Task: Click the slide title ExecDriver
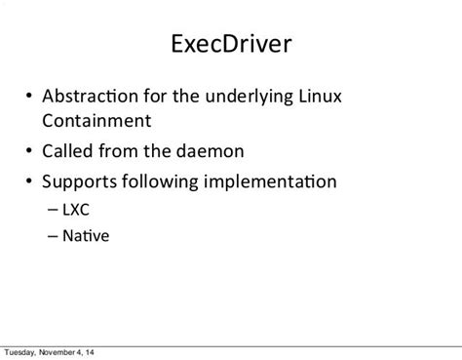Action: (231, 47)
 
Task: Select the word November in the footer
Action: (64, 352)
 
